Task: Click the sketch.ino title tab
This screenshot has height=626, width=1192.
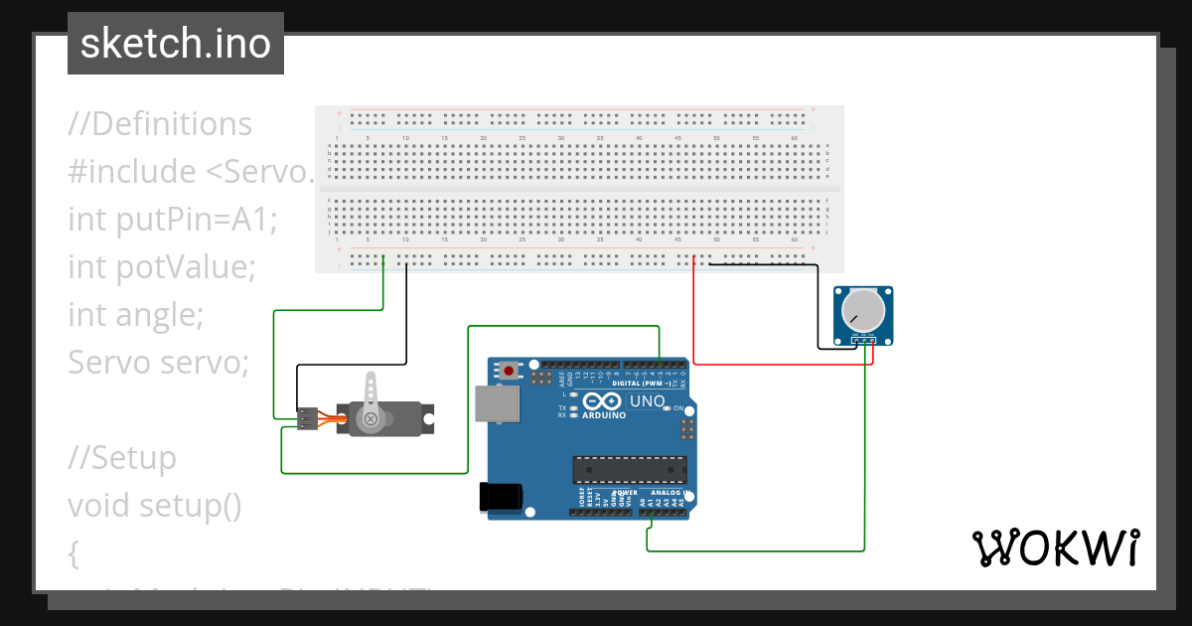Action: (x=175, y=44)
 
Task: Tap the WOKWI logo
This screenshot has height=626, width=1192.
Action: (x=1054, y=548)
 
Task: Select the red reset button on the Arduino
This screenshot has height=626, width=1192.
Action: (x=510, y=371)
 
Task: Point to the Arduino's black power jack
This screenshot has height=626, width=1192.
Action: (x=501, y=497)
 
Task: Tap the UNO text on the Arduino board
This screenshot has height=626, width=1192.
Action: (x=647, y=401)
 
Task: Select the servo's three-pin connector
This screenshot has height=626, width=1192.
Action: (x=307, y=419)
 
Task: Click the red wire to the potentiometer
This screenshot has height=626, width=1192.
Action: (x=693, y=318)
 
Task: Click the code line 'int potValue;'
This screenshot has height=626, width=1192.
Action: (x=162, y=267)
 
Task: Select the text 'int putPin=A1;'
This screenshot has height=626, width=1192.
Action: (x=172, y=220)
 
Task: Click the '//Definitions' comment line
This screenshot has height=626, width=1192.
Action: (x=160, y=124)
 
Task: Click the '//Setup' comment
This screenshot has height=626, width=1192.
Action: (x=121, y=458)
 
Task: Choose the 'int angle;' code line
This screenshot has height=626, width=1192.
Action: (x=135, y=315)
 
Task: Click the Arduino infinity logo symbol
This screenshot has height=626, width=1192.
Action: (x=602, y=400)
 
